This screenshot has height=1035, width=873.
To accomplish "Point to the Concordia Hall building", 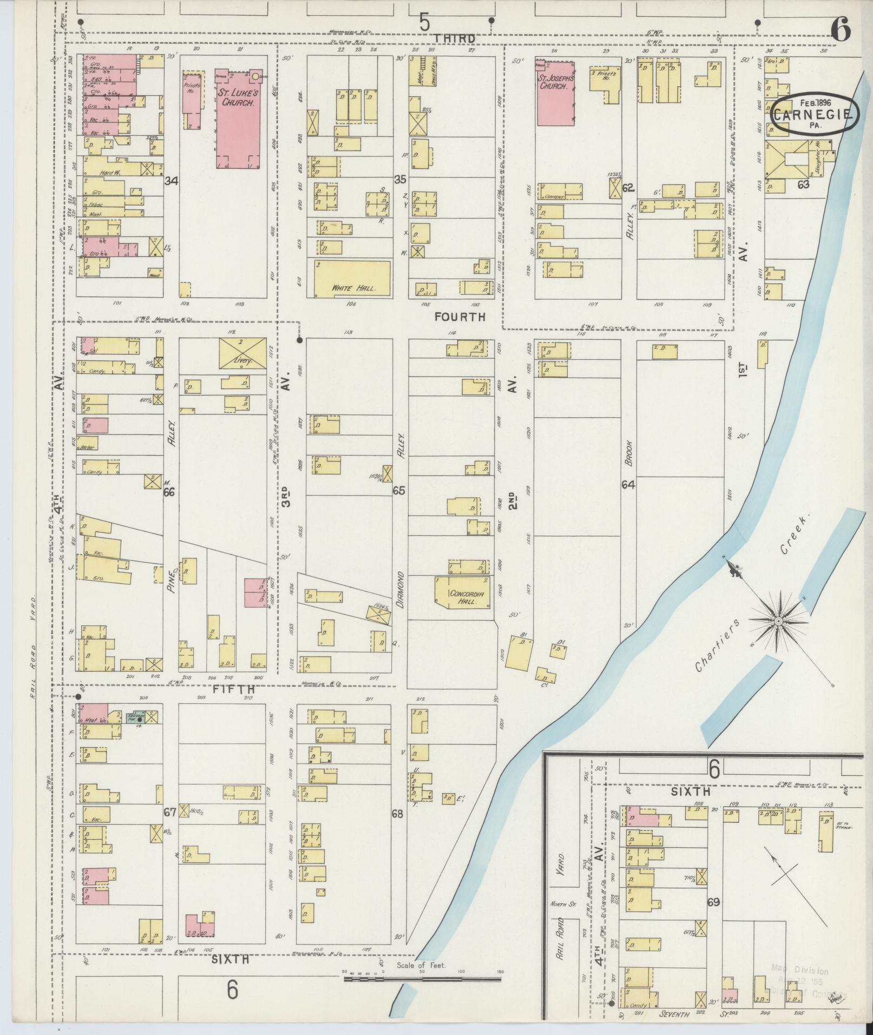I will pos(464,592).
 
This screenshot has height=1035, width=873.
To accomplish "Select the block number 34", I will pos(172,180).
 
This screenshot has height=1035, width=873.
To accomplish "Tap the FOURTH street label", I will pos(460,317).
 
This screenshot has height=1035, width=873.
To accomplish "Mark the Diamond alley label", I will pos(401,590).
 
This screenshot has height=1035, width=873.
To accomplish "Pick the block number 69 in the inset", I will pos(713,902).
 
